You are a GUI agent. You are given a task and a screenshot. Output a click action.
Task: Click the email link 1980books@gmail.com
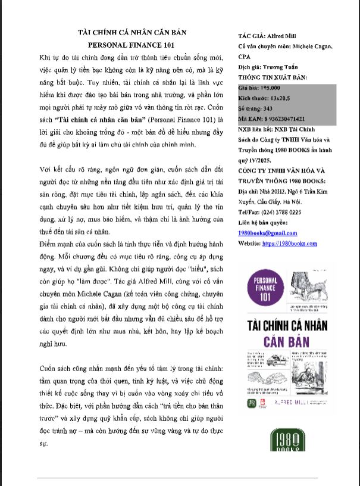point(267,233)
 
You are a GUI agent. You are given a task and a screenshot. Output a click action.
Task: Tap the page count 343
point(263,108)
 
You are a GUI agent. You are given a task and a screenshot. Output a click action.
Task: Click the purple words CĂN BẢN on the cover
point(286,341)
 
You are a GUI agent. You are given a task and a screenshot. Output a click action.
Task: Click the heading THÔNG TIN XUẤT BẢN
point(273,77)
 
